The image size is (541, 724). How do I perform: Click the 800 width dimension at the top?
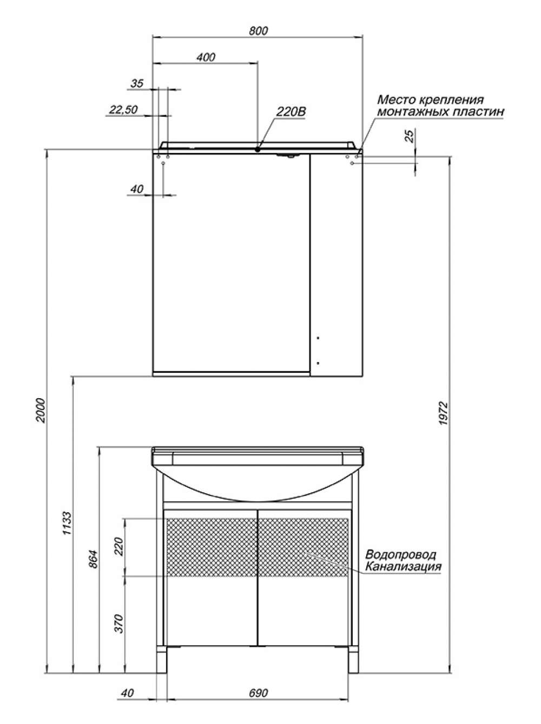point(258,31)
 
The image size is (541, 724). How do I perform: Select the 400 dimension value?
point(206,57)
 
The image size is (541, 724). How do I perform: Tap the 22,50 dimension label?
point(123,110)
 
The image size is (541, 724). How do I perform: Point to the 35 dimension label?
point(137,83)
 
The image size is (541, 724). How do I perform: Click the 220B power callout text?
point(291,112)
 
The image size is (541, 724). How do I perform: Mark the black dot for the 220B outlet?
point(258,150)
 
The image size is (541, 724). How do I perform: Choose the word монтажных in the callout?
point(413,112)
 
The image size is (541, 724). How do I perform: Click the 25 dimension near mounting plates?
point(409,136)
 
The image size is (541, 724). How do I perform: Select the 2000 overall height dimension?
point(41,411)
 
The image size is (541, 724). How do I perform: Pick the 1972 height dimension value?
point(443,413)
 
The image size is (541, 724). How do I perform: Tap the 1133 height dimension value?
point(67,524)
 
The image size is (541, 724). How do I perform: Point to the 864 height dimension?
point(94,559)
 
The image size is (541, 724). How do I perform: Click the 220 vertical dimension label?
point(119,547)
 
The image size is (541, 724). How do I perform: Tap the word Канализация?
point(403,566)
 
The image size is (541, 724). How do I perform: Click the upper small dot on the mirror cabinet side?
point(318,338)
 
